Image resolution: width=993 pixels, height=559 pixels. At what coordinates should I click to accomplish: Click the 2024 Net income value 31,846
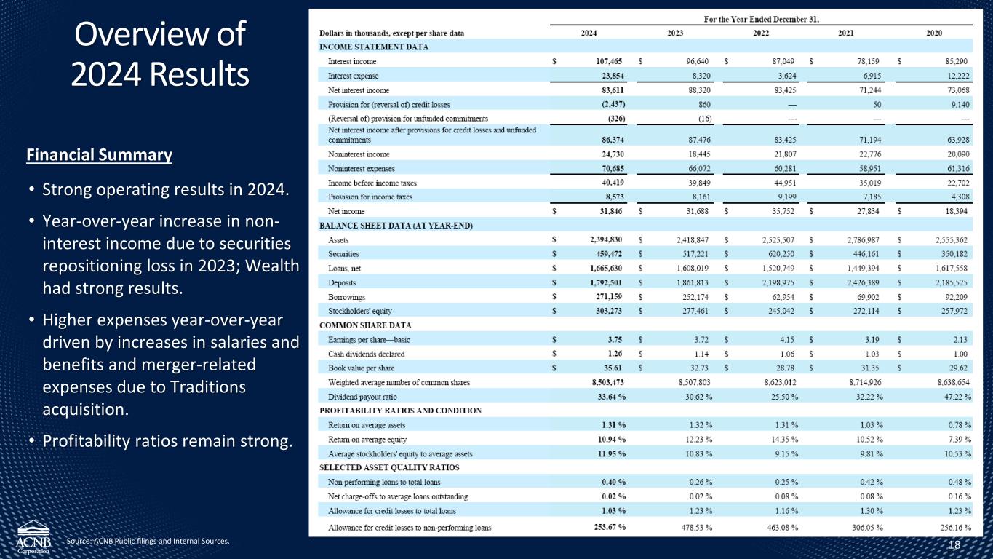click(609, 211)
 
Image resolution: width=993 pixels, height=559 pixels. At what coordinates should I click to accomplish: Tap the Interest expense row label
click(353, 76)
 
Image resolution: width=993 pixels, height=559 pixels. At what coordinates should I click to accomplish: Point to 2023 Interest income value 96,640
click(695, 62)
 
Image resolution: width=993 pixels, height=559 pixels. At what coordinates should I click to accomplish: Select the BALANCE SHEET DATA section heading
click(386, 226)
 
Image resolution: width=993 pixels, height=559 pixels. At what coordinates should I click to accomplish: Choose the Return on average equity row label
click(367, 439)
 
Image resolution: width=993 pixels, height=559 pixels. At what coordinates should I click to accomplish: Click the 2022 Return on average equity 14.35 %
click(781, 439)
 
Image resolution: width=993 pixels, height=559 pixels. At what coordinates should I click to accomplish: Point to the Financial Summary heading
click(99, 155)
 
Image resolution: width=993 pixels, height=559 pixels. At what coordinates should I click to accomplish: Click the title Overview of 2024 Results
click(159, 55)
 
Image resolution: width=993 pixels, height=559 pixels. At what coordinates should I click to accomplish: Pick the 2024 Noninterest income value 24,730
click(609, 154)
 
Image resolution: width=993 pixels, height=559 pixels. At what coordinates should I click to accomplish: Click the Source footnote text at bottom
click(148, 541)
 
